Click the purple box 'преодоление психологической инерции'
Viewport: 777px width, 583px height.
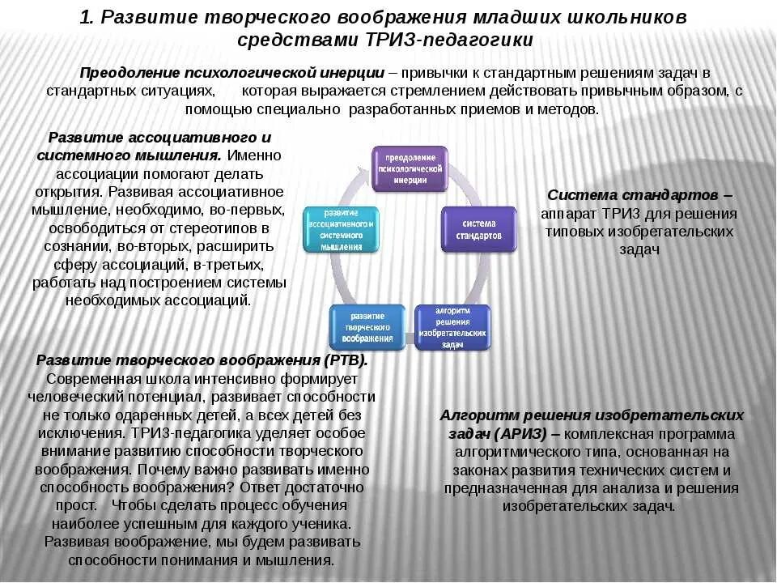click(x=410, y=168)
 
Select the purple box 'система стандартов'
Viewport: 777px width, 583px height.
click(x=478, y=228)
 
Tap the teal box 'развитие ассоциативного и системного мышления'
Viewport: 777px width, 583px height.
click(x=341, y=228)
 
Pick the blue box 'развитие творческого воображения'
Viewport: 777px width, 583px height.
click(x=367, y=326)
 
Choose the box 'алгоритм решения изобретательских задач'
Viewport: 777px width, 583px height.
click(x=452, y=326)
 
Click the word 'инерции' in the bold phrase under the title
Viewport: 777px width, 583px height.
click(x=352, y=71)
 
